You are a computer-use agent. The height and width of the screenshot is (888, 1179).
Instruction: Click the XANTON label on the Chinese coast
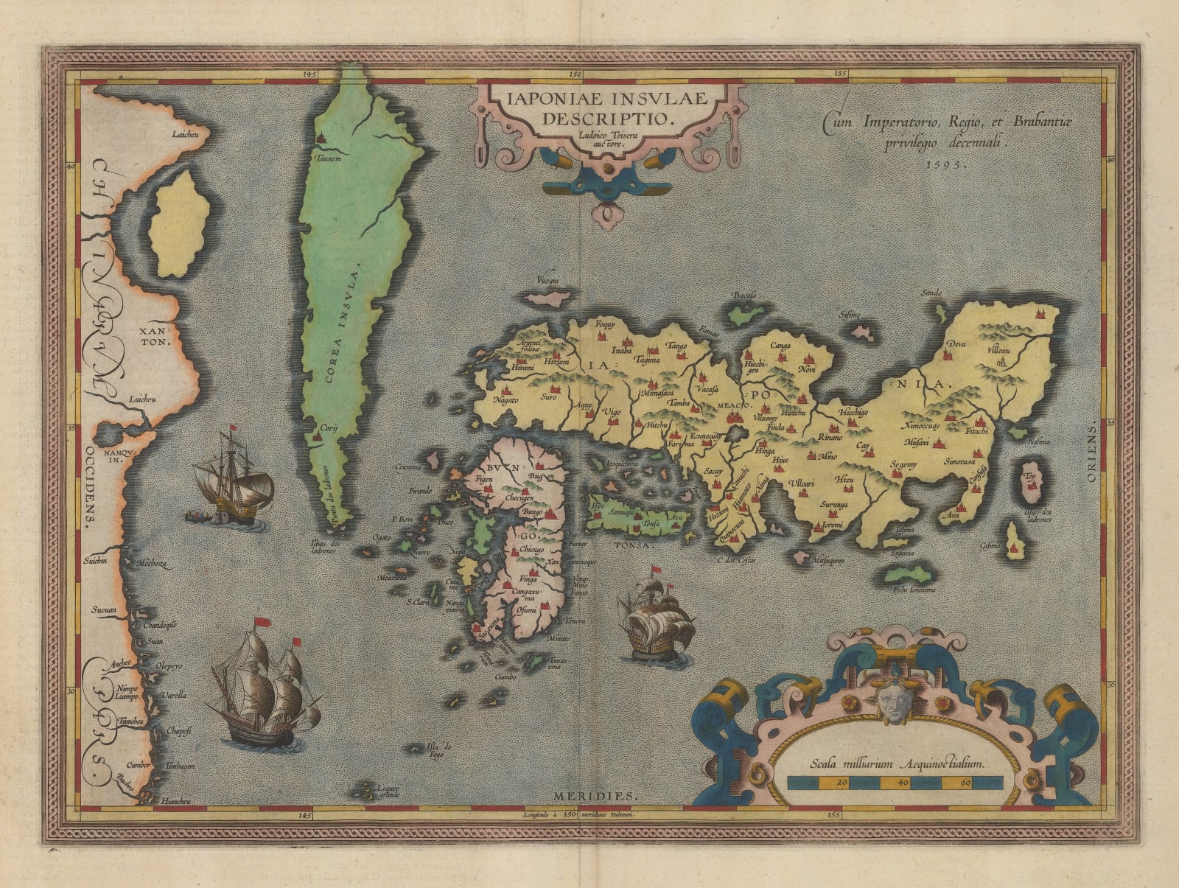tap(154, 337)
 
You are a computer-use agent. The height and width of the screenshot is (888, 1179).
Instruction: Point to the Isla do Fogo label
tap(439, 749)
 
